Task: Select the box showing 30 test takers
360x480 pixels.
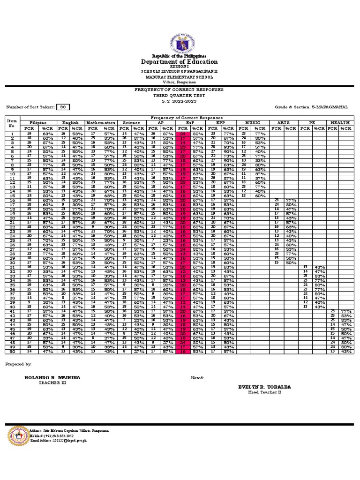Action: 62,107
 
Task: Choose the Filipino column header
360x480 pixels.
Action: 40,123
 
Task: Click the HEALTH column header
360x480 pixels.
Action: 340,123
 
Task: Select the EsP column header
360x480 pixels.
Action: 190,123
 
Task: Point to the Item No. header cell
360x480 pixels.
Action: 12,123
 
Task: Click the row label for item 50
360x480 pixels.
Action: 12,352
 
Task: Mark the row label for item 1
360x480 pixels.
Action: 12,134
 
